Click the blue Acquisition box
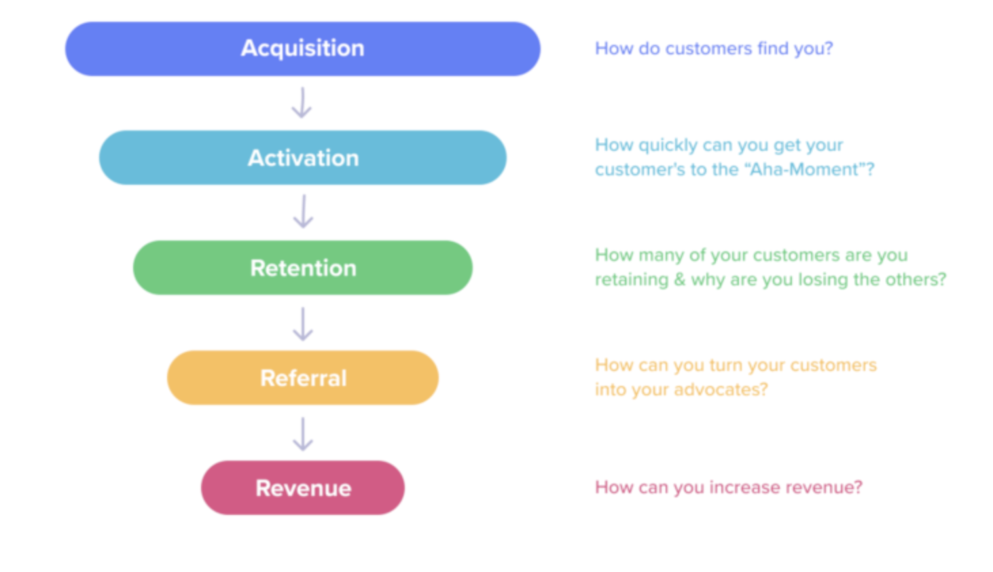coord(302,49)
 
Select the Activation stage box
coord(302,158)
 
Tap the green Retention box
coord(302,268)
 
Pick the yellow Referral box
coord(302,378)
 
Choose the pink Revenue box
coord(302,488)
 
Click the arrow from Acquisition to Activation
coord(302,103)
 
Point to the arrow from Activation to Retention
coord(303,211)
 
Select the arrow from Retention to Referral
coord(303,323)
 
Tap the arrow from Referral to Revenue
coord(303,434)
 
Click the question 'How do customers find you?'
coord(713,49)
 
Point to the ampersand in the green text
coord(679,280)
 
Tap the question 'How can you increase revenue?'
coord(728,488)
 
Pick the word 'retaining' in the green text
coord(631,280)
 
